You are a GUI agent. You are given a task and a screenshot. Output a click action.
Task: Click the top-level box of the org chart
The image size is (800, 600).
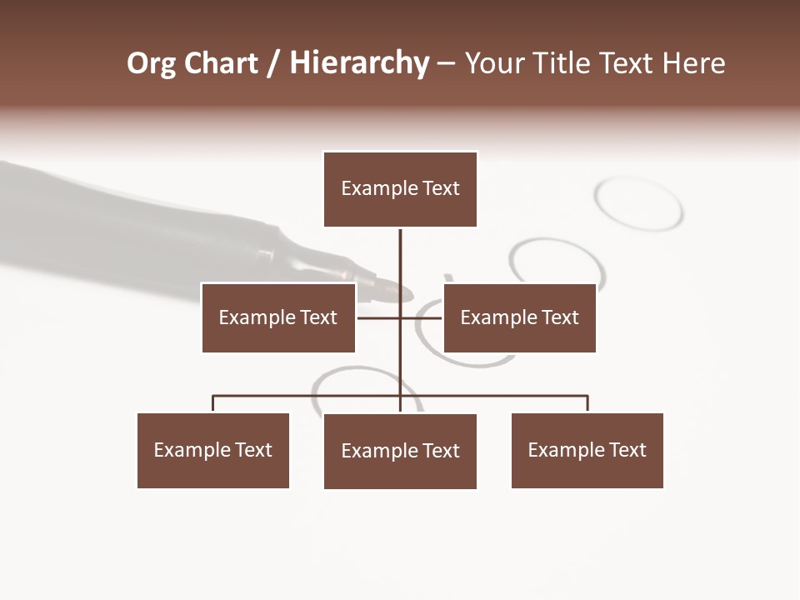point(400,189)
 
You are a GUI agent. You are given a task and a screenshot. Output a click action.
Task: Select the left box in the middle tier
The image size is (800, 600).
point(278,317)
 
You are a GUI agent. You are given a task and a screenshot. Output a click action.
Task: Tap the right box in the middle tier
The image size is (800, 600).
point(519,317)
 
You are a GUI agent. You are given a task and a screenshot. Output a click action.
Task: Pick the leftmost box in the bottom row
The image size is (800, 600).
point(213,450)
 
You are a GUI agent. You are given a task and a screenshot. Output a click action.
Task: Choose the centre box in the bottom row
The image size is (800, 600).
point(400,451)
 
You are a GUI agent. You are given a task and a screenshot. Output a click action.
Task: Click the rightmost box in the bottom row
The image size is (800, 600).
point(587,450)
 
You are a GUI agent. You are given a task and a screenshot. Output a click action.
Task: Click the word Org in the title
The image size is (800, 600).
point(151,64)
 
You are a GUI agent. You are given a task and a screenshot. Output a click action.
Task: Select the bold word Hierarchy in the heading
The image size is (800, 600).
point(359,64)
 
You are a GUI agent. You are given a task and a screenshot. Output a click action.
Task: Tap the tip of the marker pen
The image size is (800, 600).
point(406,293)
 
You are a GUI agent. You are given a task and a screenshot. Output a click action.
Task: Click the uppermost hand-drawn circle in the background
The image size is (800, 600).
point(639,202)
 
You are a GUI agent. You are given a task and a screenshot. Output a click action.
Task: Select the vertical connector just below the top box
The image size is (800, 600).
point(400,254)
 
